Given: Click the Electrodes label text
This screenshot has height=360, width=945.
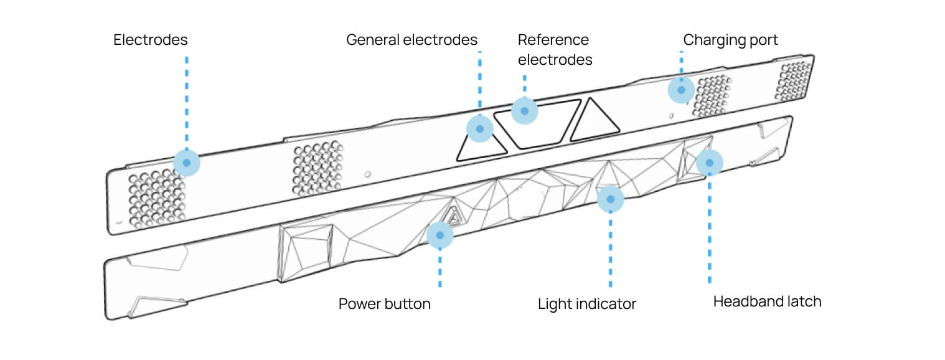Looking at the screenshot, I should [150, 40].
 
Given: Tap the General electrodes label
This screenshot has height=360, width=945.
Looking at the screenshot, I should [411, 40].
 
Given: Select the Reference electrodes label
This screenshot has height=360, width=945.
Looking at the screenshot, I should [554, 50].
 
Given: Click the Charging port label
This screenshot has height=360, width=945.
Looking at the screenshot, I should [730, 40].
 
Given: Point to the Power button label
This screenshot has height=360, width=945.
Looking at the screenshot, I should [384, 305].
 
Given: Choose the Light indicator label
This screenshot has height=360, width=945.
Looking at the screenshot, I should [586, 305].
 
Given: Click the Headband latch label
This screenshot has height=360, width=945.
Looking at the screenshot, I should [767, 302].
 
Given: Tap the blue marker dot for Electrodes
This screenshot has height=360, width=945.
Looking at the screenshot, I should [186, 163].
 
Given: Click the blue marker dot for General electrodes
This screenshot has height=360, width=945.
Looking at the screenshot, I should [479, 129].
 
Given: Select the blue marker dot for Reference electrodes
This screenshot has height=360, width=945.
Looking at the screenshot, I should [524, 111].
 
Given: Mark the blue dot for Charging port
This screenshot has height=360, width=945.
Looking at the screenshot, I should [681, 90].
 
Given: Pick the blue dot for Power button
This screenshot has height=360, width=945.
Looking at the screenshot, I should [440, 235].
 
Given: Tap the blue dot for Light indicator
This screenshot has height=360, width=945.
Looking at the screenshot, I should [610, 199].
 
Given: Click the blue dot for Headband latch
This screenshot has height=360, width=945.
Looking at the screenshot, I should [709, 163].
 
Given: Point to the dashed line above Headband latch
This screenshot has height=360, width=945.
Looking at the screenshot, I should [709, 230].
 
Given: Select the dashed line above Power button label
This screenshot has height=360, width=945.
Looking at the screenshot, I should [440, 268].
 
